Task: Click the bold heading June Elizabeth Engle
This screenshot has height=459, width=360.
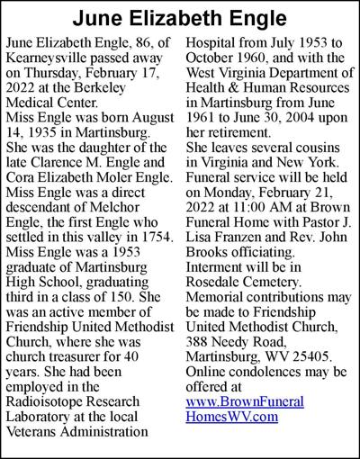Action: (x=180, y=18)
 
